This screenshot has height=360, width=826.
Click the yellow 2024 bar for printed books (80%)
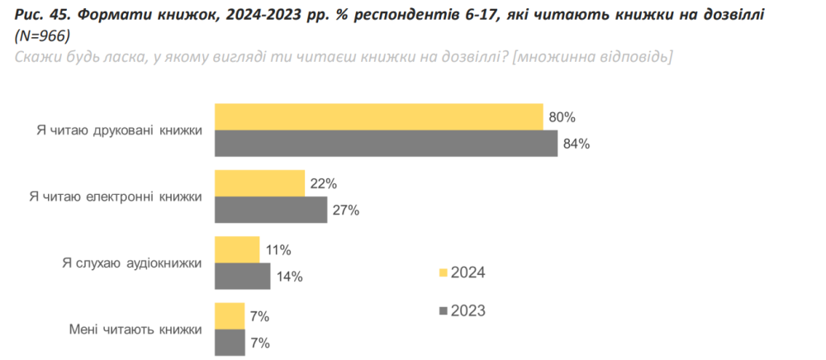(x=378, y=117)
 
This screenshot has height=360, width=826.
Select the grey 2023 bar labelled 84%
(x=386, y=144)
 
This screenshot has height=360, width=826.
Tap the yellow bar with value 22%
(x=259, y=183)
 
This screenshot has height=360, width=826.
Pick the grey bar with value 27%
(x=271, y=210)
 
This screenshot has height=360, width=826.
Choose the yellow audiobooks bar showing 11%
(x=237, y=249)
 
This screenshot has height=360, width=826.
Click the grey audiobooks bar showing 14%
(x=243, y=276)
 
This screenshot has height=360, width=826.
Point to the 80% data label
(x=561, y=117)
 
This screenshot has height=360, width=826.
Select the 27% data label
(x=345, y=210)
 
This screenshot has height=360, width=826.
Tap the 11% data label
(x=278, y=249)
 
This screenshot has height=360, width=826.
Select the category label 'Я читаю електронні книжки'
(x=116, y=197)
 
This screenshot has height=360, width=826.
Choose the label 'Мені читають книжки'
(x=135, y=329)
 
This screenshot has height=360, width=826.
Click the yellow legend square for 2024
(x=443, y=272)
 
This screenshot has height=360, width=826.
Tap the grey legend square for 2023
(x=443, y=311)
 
